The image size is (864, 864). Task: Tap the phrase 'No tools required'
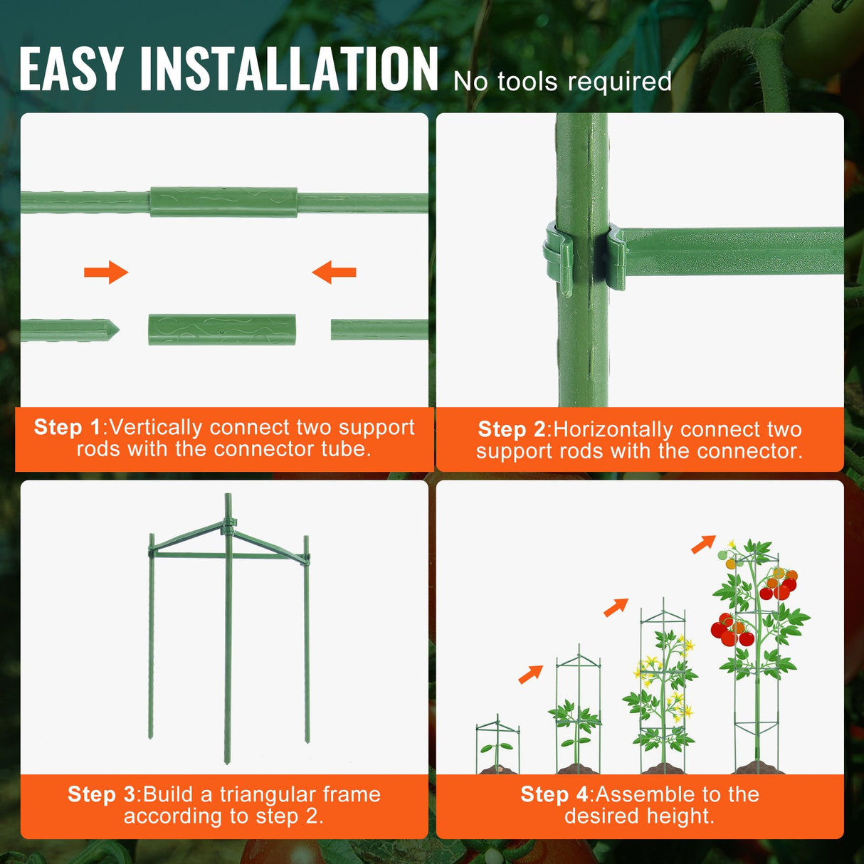pos(562,82)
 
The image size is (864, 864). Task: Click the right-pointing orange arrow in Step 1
pos(106,272)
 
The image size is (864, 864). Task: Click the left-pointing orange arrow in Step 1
pos(334,272)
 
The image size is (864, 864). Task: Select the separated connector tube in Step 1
pos(222,330)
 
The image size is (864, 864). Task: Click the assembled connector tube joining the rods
pos(223,202)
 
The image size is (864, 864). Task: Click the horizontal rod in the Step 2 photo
pos(733,249)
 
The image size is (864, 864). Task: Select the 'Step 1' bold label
pos(68,427)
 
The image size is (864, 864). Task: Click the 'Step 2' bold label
pos(511,429)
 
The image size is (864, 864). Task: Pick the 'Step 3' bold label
pos(101,794)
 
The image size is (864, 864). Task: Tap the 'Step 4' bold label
pos(554,794)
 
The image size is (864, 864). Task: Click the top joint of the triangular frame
pos(228,527)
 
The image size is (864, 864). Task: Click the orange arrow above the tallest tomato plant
pos(703,544)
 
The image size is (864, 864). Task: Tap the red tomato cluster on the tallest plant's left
pos(731,631)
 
